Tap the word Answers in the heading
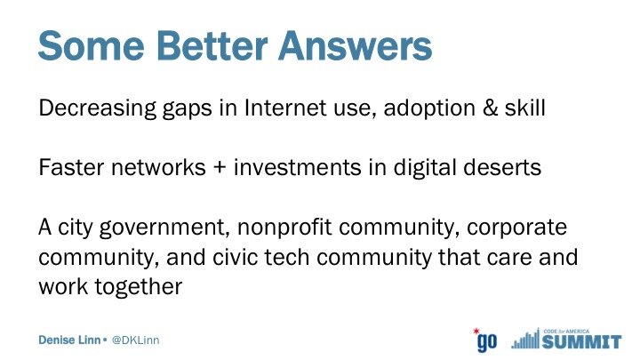pos(355,45)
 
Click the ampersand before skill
pos(490,108)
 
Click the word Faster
pos(71,167)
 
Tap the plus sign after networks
pos(220,168)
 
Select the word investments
pos(298,167)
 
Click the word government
pos(164,228)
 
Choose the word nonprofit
pos(284,228)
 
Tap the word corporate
pos(516,228)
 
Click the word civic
pos(236,257)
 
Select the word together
pos(139,287)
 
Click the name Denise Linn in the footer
pos(69,340)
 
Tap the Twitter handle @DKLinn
pos(135,340)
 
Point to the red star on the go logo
pos(476,331)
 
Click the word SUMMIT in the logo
pos(582,342)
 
